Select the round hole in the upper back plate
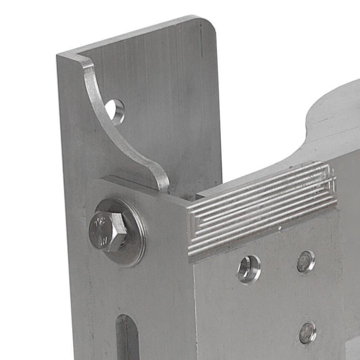[x=115, y=111]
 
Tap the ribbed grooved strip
[x=262, y=208]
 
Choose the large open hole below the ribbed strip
[x=249, y=268]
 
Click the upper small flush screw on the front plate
[x=306, y=261]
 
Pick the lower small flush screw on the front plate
[x=308, y=332]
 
